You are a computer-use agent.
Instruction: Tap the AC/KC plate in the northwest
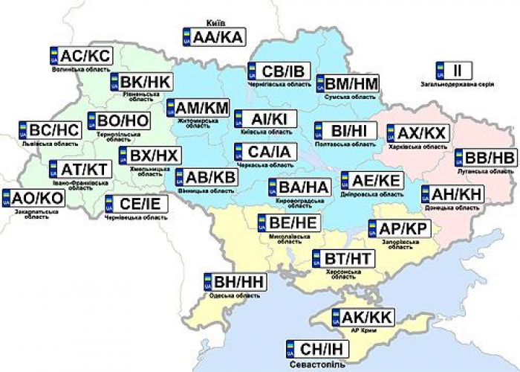(x=82, y=56)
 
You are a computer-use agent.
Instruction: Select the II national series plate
(x=451, y=71)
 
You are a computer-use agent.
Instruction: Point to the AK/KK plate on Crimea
(x=363, y=317)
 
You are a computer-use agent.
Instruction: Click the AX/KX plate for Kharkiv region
(x=418, y=133)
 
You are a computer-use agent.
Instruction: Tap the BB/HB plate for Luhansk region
(x=485, y=158)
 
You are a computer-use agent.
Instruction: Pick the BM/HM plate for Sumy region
(x=348, y=84)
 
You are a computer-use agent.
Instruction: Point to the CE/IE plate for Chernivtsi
(x=135, y=204)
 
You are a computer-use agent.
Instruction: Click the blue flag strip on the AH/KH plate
(x=426, y=195)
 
